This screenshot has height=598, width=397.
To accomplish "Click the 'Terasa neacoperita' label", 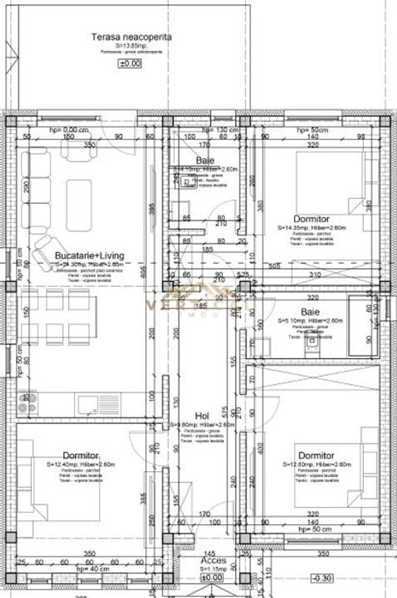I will tap(131, 37).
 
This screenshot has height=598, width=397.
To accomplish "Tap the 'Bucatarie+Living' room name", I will tap(89, 256).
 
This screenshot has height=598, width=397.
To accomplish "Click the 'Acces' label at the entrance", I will tap(212, 561).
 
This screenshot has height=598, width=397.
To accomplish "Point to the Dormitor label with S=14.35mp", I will tap(311, 219).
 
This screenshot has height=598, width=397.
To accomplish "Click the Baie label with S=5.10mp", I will tap(310, 312).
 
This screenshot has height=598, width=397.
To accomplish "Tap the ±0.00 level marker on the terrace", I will tap(130, 64).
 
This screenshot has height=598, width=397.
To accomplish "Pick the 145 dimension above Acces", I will tap(210, 553).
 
